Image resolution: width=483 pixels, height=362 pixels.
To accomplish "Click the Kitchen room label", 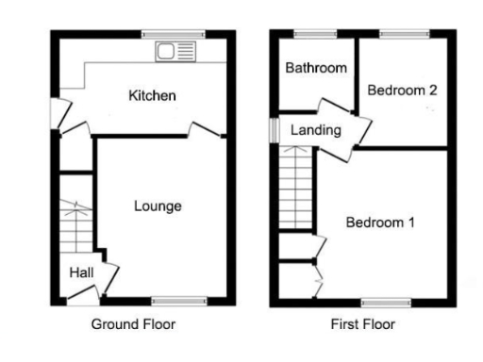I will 152,96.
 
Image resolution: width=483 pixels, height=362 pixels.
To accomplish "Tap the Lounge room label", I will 157,206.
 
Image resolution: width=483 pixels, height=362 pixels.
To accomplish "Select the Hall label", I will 80,273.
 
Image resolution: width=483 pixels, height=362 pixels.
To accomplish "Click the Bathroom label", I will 316,69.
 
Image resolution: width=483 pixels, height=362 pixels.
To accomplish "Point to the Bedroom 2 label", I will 402,91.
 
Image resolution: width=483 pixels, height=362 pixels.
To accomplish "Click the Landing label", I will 315,130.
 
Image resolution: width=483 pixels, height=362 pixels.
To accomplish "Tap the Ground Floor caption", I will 133,324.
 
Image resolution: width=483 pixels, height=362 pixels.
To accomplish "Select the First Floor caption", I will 362,324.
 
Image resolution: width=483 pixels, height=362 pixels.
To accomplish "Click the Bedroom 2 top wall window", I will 402,35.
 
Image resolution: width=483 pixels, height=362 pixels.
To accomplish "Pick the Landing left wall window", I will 273,129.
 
